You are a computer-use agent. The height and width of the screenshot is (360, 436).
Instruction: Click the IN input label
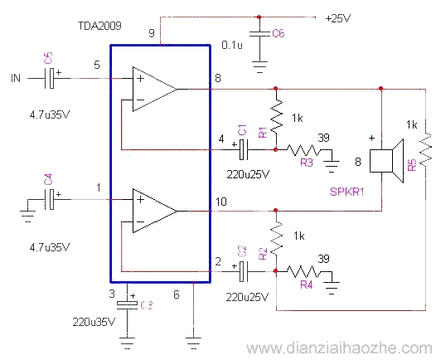click(x=16, y=78)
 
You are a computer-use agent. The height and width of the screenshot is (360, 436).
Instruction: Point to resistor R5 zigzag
click(x=425, y=149)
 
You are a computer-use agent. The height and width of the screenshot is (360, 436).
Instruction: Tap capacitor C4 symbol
click(x=51, y=199)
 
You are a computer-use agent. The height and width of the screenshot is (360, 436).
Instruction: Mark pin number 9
click(x=151, y=32)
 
